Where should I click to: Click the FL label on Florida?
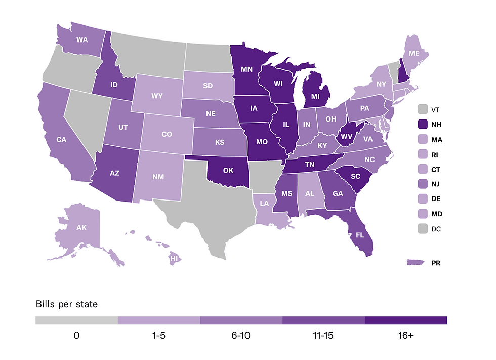pyautogui.click(x=360, y=235)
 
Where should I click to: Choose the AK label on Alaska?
pyautogui.click(x=81, y=227)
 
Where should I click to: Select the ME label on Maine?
pyautogui.click(x=414, y=53)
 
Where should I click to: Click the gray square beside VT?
pyautogui.click(x=423, y=109)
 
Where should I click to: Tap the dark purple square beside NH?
pyautogui.click(x=423, y=125)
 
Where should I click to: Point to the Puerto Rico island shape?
pyautogui.click(x=416, y=263)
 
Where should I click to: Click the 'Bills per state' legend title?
pyautogui.click(x=66, y=304)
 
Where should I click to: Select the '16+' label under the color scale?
pyautogui.click(x=406, y=336)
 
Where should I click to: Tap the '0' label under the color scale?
pyautogui.click(x=76, y=336)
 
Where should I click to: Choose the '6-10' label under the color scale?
pyautogui.click(x=241, y=336)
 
